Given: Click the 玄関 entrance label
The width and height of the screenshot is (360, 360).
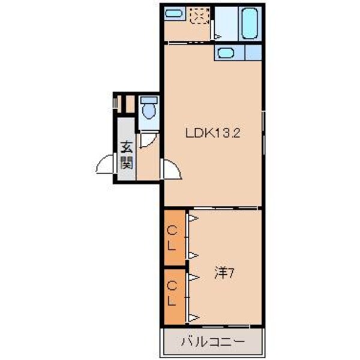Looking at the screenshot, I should (127, 155).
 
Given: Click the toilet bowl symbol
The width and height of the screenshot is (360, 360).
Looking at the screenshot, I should (148, 110).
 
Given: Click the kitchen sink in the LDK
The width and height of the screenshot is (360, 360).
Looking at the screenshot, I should (226, 53).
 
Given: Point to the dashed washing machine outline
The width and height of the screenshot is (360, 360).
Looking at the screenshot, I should (198, 16).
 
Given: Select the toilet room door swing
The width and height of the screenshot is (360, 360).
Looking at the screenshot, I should (147, 142).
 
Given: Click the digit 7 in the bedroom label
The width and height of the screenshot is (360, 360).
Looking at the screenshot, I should (229, 274).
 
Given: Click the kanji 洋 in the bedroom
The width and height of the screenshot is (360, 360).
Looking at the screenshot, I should (220, 274).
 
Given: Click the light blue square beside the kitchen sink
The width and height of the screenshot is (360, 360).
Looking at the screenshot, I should (253, 52).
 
